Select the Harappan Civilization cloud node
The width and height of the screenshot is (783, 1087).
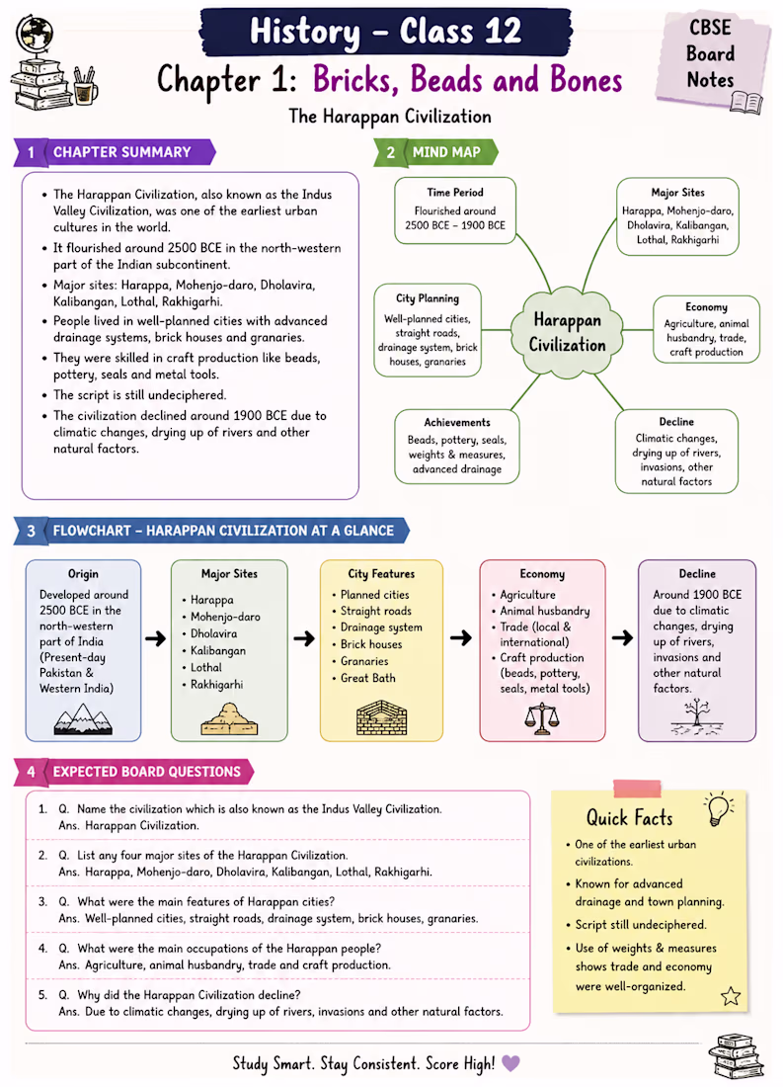pos(567,333)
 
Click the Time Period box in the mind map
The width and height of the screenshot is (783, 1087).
pos(455,210)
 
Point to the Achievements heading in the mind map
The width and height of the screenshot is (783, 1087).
pos(457,422)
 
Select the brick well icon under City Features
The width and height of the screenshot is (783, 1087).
pos(382,717)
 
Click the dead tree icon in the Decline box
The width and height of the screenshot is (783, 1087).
pos(696,716)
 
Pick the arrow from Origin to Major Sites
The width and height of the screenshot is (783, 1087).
pos(156,637)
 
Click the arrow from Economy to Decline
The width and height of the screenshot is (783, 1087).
pos(622,637)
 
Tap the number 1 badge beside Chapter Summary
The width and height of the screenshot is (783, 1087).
pos(31,152)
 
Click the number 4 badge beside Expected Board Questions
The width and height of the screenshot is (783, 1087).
pos(32,772)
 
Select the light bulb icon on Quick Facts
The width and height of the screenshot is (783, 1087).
pos(719,808)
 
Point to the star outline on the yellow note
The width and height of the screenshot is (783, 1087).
pos(731,996)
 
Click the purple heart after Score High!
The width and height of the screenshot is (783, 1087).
pos(510,1062)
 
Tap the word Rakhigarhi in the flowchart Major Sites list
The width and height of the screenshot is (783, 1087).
pos(217,684)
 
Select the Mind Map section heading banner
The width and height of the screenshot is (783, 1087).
pos(435,152)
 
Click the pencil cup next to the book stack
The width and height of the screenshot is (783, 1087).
pos(84,87)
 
